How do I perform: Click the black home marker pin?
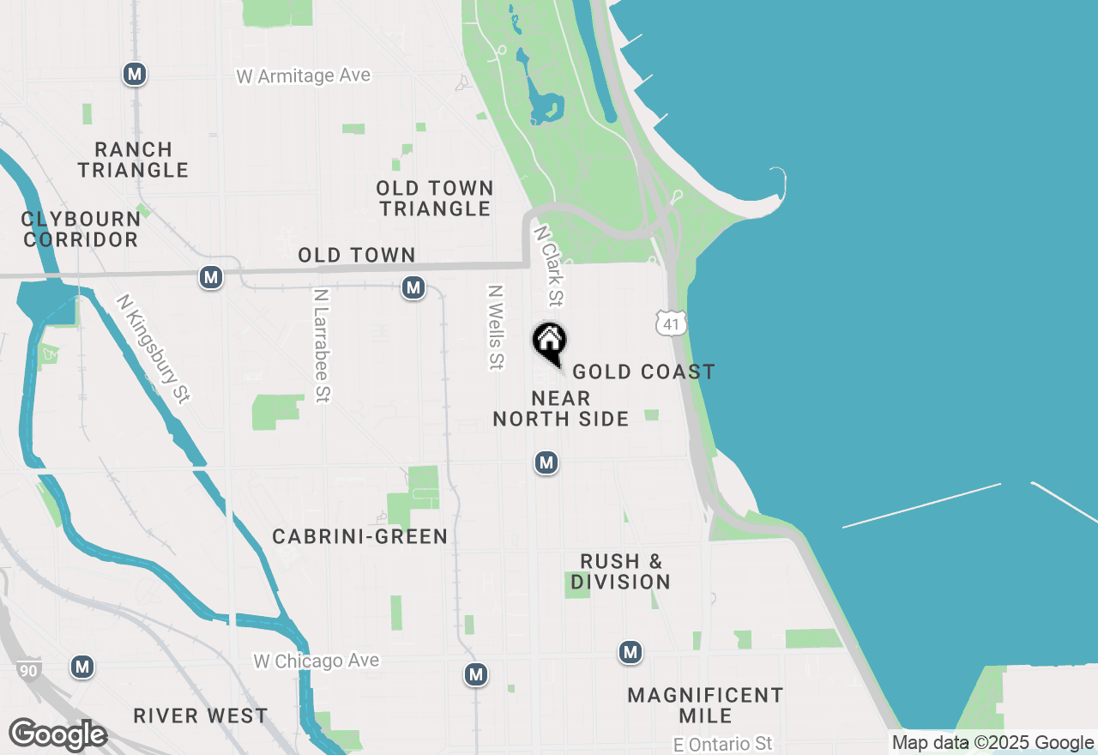point(550,341)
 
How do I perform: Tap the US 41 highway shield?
point(671,323)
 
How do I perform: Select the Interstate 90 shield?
point(27,670)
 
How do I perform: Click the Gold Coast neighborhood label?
point(643,371)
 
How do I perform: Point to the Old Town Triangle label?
point(436,198)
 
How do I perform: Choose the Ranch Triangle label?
point(133,160)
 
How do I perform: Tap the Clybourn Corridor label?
point(81,229)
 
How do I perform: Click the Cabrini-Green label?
point(359,537)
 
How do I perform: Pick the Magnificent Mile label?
point(705,705)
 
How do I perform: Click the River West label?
point(201,716)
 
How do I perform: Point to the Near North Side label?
point(561,408)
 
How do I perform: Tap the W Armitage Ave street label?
point(304,76)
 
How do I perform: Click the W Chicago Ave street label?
point(317,661)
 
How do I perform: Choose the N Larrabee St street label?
point(323,345)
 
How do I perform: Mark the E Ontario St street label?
point(723,744)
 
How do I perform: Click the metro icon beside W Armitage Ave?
point(134,74)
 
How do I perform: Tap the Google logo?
point(57,734)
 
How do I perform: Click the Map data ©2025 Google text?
point(992,743)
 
